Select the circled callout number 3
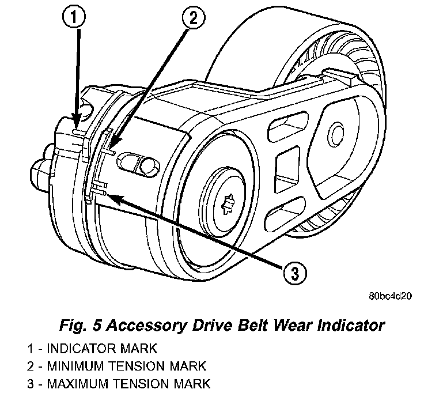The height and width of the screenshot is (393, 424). (295, 271)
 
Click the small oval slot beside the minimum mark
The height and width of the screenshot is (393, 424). (142, 164)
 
